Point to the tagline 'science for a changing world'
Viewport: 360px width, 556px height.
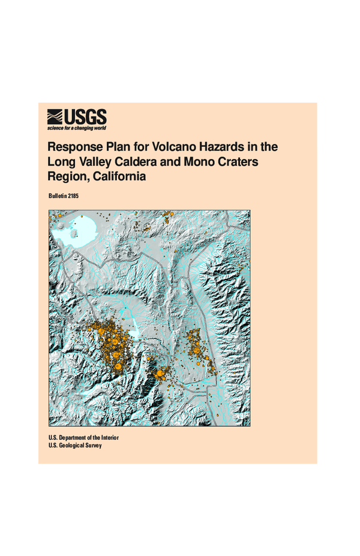pyautogui.click(x=77, y=128)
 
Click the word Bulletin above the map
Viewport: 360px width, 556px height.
pyautogui.click(x=58, y=197)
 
